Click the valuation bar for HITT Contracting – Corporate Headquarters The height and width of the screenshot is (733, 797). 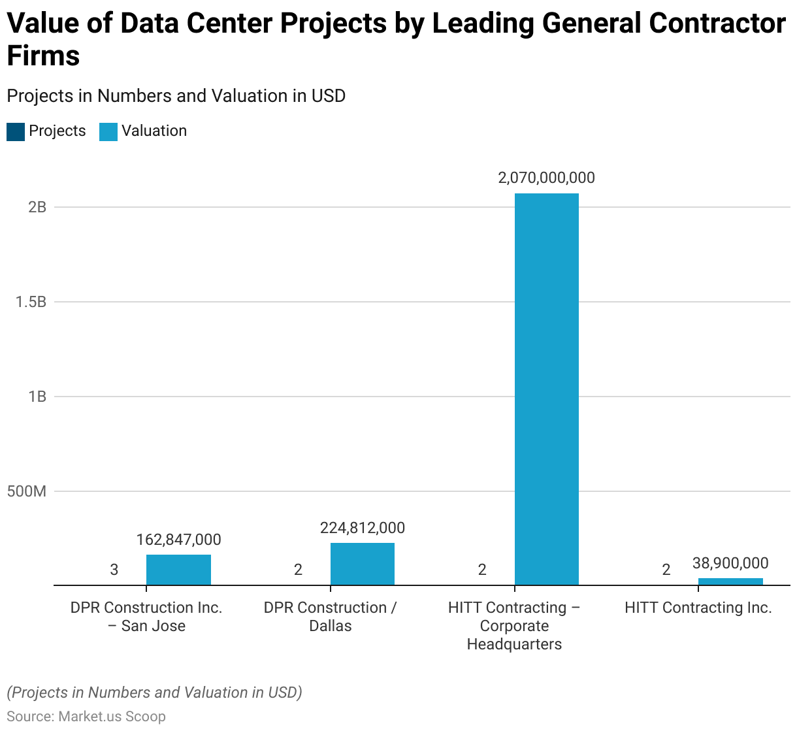click(x=546, y=389)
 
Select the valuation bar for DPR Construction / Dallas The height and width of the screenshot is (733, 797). click(x=362, y=564)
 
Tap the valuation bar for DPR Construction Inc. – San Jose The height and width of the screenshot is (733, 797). click(x=178, y=570)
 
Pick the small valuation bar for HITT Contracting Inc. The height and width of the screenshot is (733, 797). click(x=730, y=581)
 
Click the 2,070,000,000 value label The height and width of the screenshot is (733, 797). click(x=546, y=178)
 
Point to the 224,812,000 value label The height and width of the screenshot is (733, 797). click(x=362, y=528)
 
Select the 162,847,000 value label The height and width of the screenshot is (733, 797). click(x=178, y=540)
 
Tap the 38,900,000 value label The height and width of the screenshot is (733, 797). click(x=730, y=563)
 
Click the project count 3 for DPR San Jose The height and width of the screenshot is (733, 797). click(x=114, y=570)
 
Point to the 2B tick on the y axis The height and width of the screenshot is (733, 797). click(x=37, y=207)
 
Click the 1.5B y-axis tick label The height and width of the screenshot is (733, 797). click(x=31, y=302)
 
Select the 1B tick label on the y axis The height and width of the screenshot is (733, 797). click(x=37, y=397)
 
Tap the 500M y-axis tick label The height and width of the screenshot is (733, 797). click(x=27, y=491)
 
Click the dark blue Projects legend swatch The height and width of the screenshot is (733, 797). click(x=16, y=131)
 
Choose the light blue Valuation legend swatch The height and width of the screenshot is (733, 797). click(x=108, y=131)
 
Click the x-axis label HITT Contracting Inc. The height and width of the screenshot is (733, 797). click(x=698, y=608)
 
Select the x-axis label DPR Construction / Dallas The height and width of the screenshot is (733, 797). click(x=330, y=617)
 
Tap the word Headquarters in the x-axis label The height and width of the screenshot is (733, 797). click(x=514, y=644)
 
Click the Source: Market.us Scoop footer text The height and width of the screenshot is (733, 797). click(x=86, y=716)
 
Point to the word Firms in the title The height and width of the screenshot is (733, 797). click(x=43, y=56)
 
